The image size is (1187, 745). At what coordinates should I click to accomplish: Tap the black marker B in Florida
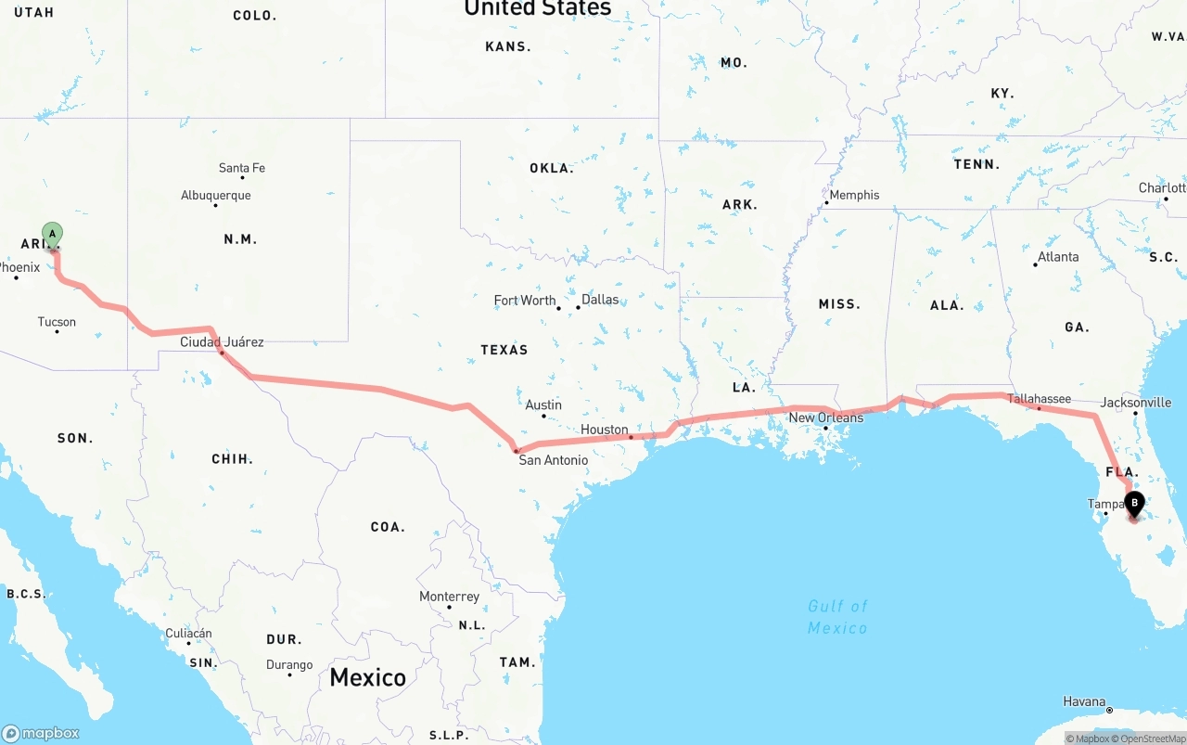click(1133, 504)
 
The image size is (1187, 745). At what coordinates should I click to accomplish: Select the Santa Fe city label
click(242, 168)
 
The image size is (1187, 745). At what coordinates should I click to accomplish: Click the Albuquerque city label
click(216, 196)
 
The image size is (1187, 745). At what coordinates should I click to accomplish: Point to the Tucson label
click(57, 322)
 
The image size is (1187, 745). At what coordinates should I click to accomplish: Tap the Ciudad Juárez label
click(222, 342)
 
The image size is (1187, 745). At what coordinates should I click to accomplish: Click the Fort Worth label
click(525, 301)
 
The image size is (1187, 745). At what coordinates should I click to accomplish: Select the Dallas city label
click(600, 300)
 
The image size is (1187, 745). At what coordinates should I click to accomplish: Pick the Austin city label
click(543, 405)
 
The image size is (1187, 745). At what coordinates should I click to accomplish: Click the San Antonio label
click(553, 460)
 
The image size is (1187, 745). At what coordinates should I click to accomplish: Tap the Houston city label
click(605, 430)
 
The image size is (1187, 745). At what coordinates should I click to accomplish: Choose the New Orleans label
click(826, 417)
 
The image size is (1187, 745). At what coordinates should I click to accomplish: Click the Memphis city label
click(854, 195)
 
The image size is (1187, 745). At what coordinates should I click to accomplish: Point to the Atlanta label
click(1058, 257)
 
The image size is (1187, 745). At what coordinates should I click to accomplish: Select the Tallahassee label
click(1039, 399)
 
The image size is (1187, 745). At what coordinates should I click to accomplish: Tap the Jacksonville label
click(1136, 403)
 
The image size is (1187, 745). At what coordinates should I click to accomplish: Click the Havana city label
click(1084, 702)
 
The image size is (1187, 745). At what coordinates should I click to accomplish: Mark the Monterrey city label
click(449, 597)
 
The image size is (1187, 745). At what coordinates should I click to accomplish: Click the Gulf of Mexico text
click(837, 617)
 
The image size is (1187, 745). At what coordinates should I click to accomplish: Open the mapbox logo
click(41, 733)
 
